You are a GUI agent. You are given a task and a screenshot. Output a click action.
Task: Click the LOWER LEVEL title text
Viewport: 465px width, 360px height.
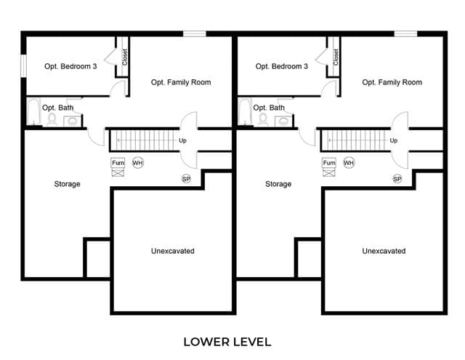coord(227,342)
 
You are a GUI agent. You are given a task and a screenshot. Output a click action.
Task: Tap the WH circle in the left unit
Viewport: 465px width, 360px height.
coord(137,163)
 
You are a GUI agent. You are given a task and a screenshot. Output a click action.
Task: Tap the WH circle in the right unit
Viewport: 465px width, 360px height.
coord(349,163)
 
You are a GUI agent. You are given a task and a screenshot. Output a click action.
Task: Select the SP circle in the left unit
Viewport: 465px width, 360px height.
coord(186,179)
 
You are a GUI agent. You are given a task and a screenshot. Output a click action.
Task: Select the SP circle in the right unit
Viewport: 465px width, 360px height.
coord(397,179)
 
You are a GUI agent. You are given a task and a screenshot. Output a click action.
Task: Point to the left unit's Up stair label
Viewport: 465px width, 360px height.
coord(182,140)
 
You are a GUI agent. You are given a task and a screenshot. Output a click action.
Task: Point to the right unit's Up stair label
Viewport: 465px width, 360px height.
coord(394,140)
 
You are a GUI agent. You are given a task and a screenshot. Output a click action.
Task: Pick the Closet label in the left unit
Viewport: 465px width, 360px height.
coord(124,57)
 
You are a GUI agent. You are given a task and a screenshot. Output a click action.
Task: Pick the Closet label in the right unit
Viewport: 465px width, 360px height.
coord(336,57)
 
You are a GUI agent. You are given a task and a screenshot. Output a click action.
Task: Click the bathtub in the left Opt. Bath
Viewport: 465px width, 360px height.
coord(33,112)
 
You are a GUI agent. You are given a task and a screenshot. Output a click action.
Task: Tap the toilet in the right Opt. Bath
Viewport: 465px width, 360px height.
coord(263,119)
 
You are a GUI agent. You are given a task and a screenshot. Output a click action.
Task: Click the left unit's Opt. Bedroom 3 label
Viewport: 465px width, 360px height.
coord(70,66)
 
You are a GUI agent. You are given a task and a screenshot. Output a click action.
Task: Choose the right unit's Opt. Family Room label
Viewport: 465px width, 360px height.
coord(392,82)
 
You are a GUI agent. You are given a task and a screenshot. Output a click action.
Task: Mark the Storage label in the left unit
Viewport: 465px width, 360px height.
coord(67,184)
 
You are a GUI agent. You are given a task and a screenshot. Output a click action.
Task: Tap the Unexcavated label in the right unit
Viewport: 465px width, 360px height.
coord(384,251)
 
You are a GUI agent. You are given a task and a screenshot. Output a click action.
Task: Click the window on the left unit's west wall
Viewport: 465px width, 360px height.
coord(23,66)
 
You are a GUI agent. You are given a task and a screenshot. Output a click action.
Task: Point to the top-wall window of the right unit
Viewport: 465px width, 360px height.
coord(405,33)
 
